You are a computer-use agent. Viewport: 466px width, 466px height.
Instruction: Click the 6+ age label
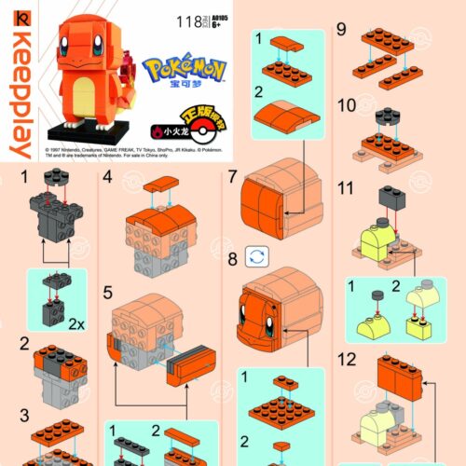(221, 25)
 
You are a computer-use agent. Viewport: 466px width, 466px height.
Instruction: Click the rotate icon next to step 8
(255, 256)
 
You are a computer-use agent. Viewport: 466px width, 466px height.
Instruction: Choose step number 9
(342, 31)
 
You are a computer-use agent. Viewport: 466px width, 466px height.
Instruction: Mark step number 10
(347, 106)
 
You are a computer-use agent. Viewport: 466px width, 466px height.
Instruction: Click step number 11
(347, 187)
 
